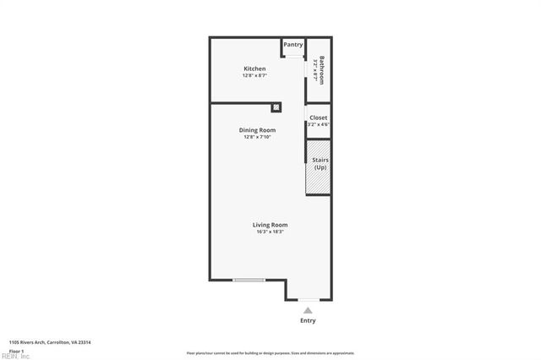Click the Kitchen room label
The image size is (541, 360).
254,68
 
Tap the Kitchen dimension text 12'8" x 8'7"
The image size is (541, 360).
254,76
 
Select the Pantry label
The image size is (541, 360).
293,45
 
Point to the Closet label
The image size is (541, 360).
318,117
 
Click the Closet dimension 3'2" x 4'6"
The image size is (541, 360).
318,124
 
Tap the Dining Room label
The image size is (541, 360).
257,130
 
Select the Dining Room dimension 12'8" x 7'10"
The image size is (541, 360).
257,137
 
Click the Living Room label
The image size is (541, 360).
270,225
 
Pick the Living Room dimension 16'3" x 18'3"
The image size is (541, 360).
270,232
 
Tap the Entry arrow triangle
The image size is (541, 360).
308,311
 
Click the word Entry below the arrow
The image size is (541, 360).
308,321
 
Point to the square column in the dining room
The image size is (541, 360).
276,107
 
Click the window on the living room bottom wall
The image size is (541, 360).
249,281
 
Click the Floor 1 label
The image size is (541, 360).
16,350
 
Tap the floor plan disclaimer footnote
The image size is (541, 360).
270,353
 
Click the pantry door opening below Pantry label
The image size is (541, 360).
293,57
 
